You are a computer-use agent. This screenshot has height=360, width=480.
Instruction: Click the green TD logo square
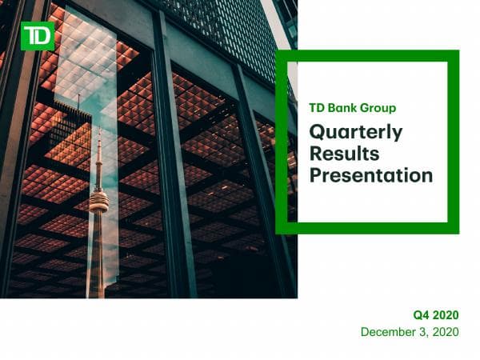pyautogui.click(x=38, y=36)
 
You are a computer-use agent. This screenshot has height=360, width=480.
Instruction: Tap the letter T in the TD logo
pyautogui.click(x=31, y=36)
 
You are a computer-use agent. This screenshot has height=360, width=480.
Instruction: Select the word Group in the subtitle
pyautogui.click(x=378, y=108)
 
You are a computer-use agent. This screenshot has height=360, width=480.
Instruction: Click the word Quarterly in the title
pyautogui.click(x=355, y=132)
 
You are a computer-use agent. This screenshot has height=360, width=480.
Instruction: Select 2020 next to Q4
pyautogui.click(x=446, y=315)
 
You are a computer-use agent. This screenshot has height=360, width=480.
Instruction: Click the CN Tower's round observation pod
pyautogui.click(x=98, y=201)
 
